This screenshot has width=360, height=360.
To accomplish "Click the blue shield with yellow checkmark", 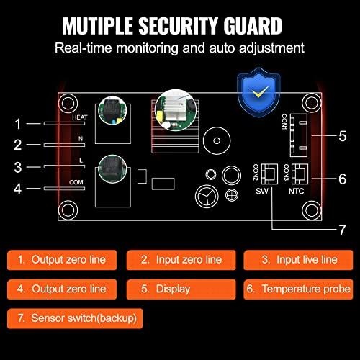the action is click(258, 93).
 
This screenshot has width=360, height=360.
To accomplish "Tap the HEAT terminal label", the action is click(80, 117).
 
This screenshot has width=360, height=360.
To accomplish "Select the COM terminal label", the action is click(76, 182).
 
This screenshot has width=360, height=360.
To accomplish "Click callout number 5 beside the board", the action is click(343, 136).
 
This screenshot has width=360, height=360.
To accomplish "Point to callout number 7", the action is click(343, 230).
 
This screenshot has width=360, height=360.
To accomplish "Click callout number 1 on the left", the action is click(18, 124).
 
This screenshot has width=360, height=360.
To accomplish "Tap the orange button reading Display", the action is click(181, 289).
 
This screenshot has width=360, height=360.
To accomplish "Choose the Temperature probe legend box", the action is click(298, 289).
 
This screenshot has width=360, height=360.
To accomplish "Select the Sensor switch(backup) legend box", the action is click(75, 318).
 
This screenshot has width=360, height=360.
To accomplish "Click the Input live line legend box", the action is click(298, 260).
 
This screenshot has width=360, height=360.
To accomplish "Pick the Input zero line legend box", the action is click(181, 260).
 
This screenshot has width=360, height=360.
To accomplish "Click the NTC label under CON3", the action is click(296, 191).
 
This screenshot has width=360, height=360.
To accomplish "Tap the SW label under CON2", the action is click(262, 191).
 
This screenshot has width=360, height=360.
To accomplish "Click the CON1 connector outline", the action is click(299, 135).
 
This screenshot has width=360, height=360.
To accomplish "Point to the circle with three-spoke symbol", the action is click(207, 196).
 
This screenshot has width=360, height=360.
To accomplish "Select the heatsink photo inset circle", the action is click(176, 110).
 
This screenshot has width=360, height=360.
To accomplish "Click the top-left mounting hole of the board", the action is click(68, 104).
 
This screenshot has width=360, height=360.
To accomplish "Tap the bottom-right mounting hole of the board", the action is click(312, 210).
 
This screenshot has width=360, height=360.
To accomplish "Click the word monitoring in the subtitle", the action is click(147, 48).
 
